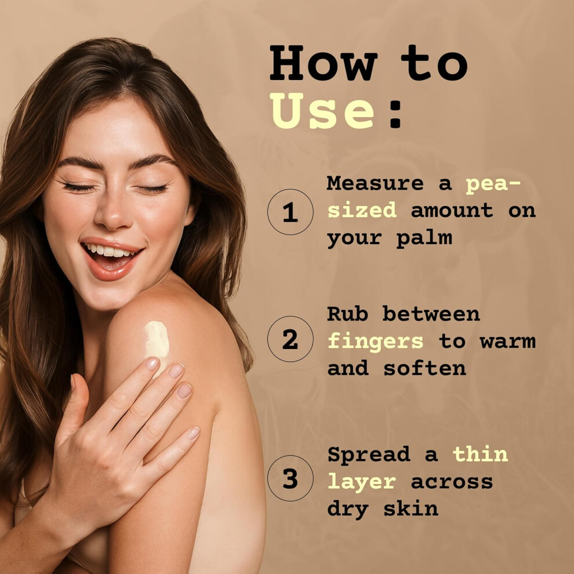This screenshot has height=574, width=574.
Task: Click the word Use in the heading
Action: coord(322,111)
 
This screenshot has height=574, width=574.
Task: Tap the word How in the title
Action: coord(324,63)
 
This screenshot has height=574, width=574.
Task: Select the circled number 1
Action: coord(290,212)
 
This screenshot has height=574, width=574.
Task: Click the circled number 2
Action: coord(290,339)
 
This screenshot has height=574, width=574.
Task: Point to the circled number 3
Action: coord(290,478)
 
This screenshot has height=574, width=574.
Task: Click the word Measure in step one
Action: coord(375,183)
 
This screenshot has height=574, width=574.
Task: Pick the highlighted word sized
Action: coord(362,210)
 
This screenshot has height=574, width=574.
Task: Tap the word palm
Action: coord(424,238)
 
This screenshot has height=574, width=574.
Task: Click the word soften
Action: coord(424,368)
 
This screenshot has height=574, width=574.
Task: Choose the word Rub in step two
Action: coord(347,314)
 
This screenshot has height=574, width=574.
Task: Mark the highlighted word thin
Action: coord(480,453)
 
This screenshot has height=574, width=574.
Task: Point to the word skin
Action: coord(410,508)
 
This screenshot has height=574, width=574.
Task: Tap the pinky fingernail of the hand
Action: coord(193,433)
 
